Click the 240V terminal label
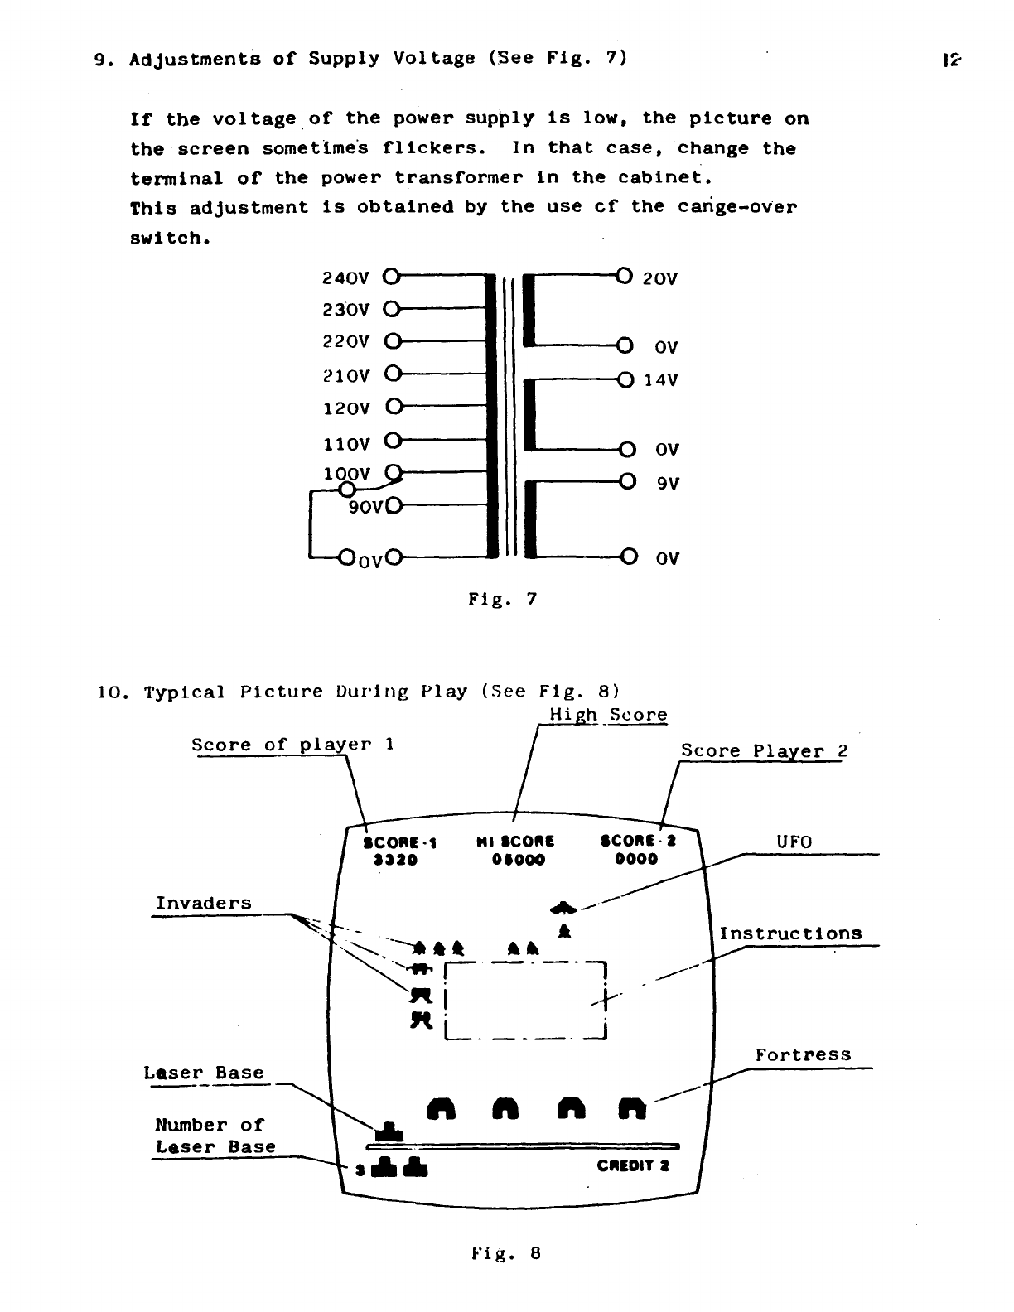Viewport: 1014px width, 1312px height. pyautogui.click(x=345, y=277)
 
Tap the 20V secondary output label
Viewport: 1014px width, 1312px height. pyautogui.click(x=660, y=279)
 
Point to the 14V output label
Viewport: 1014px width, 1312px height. pyautogui.click(x=661, y=380)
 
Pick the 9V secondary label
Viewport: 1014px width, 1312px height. pyautogui.click(x=668, y=483)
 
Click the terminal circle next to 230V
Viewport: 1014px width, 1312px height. pyautogui.click(x=392, y=310)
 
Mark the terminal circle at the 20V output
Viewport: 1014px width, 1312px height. pyautogui.click(x=625, y=276)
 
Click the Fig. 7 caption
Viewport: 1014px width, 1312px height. pyautogui.click(x=503, y=598)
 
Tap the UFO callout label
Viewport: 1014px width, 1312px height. pyautogui.click(x=794, y=842)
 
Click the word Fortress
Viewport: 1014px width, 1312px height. pyautogui.click(x=803, y=1055)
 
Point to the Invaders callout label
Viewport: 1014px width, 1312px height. pyautogui.click(x=204, y=904)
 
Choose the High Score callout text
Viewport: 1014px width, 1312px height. pyautogui.click(x=608, y=715)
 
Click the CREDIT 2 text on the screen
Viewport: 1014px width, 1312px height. pyautogui.click(x=633, y=1166)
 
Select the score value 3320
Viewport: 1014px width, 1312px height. pyautogui.click(x=395, y=860)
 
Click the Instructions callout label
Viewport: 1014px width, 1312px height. pyautogui.click(x=790, y=934)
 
